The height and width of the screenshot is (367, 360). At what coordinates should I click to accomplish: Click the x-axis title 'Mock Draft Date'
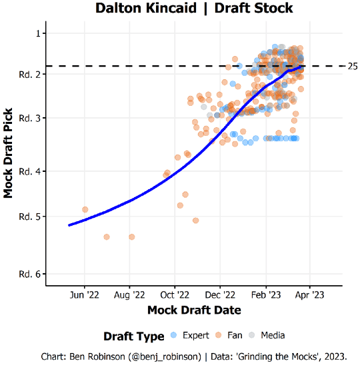[x=194, y=310]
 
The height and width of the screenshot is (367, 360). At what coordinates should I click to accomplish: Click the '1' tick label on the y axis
[x=39, y=33]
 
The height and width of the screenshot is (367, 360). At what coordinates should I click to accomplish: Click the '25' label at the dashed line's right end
[x=353, y=66]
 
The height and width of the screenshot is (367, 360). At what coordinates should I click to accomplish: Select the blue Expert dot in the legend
[x=175, y=335]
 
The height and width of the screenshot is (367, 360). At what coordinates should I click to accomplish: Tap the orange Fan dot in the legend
[x=217, y=335]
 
